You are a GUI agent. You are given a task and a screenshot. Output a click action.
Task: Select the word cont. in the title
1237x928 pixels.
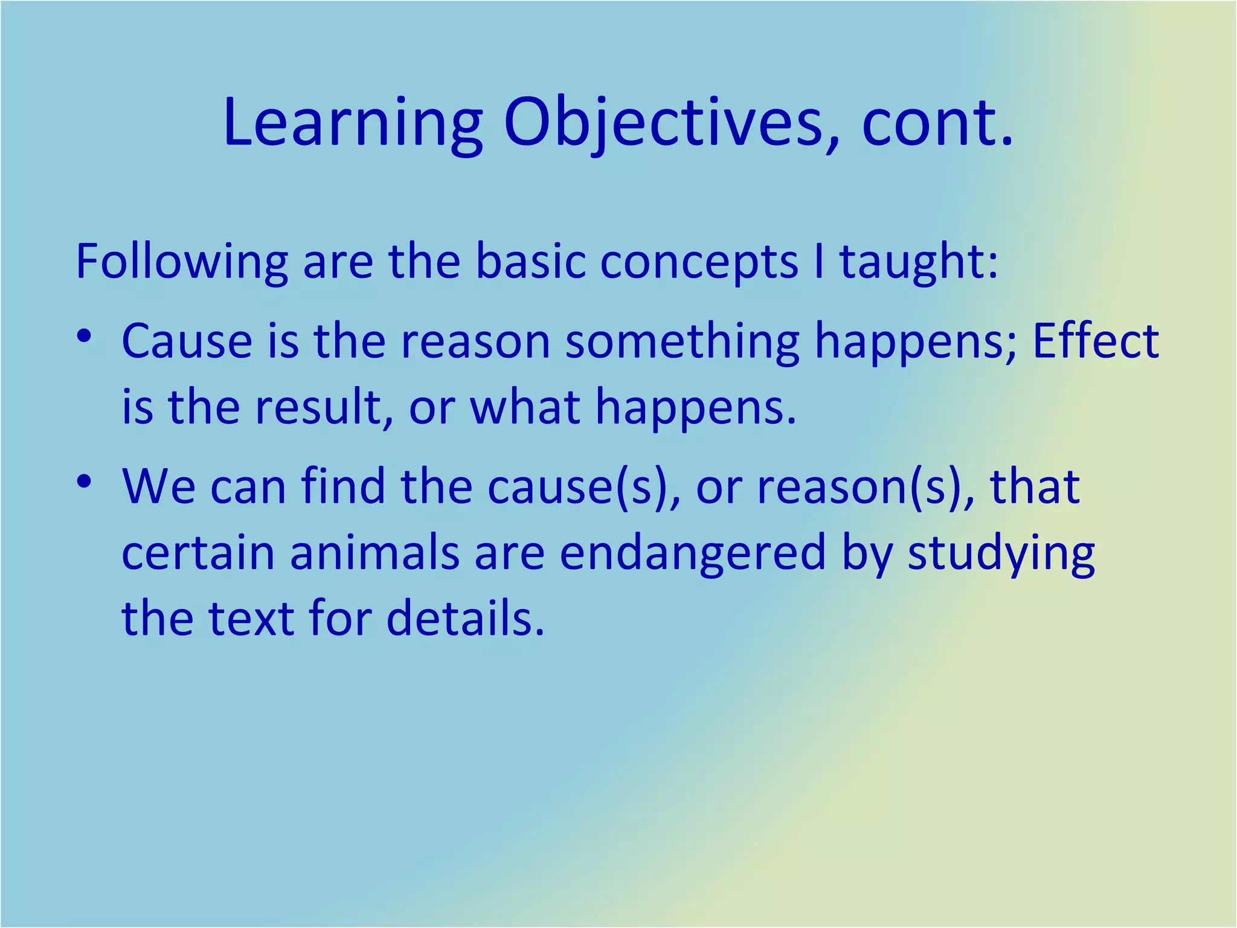click(938, 124)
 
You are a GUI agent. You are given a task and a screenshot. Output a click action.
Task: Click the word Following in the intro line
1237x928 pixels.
click(182, 262)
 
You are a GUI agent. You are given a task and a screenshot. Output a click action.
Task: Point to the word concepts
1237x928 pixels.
click(699, 262)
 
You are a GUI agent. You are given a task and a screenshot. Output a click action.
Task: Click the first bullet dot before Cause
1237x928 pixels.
click(85, 334)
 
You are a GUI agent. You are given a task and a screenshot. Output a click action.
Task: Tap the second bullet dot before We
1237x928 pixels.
click(85, 482)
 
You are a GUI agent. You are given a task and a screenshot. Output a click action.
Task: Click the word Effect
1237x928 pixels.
click(1096, 341)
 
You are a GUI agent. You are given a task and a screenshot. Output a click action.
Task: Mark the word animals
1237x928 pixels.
click(374, 553)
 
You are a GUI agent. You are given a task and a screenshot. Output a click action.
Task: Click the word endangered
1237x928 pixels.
click(692, 553)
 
